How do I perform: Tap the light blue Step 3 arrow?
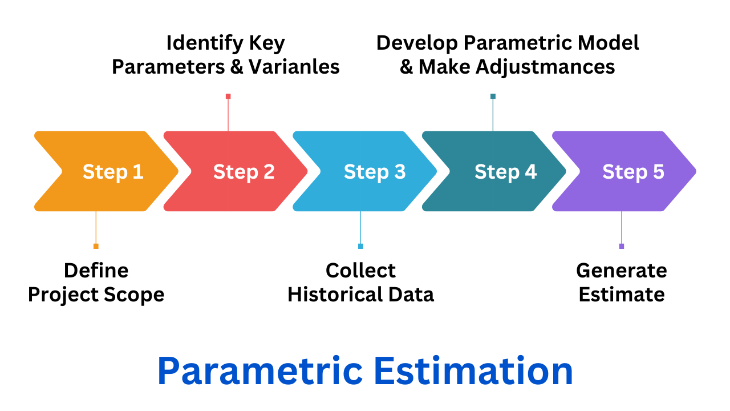[364, 171]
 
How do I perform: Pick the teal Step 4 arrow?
[494, 171]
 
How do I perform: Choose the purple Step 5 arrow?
[624, 171]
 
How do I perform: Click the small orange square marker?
[96, 246]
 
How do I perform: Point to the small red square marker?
[228, 96]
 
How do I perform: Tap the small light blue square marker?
[360, 246]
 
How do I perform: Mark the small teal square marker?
[493, 96]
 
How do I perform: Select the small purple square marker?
[622, 246]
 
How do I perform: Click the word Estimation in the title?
[473, 371]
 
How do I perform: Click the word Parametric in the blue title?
[260, 371]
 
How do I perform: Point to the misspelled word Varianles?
[294, 67]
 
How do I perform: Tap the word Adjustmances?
[545, 67]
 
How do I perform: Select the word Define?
[96, 271]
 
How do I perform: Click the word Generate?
[622, 271]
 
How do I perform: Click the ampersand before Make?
[407, 67]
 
